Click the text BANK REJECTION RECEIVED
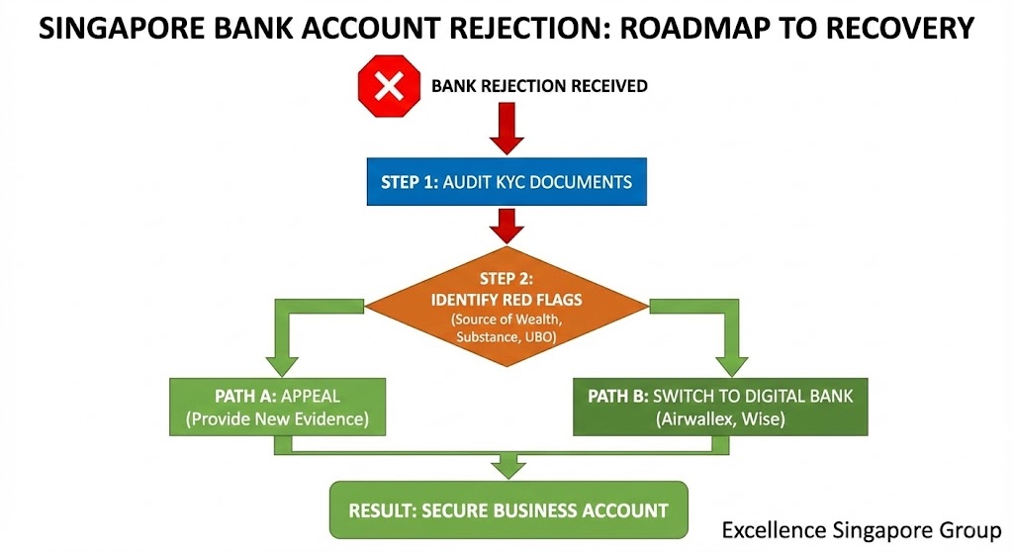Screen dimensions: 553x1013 539,86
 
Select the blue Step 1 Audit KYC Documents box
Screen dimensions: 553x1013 506,182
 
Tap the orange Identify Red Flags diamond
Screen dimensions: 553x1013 506,301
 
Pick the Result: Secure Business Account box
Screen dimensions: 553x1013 507,510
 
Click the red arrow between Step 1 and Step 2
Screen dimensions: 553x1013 506,227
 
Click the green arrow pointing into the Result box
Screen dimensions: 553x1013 507,463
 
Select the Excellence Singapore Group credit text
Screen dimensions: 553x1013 861,528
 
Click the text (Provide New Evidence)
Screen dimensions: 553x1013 277,418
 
